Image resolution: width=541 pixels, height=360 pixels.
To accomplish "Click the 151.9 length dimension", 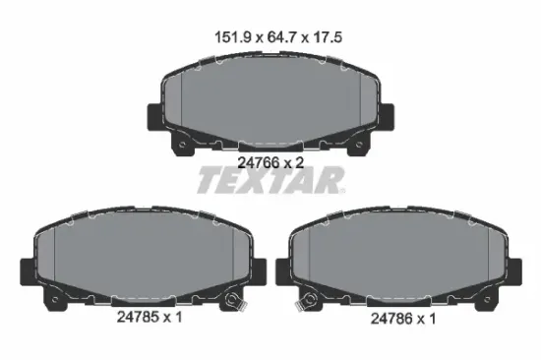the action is click(233, 37).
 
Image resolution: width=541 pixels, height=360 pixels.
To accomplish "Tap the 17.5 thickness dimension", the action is click(328, 37).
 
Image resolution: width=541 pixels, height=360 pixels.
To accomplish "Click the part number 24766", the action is click(259, 162).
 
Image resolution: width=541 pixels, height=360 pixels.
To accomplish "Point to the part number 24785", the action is click(139, 317).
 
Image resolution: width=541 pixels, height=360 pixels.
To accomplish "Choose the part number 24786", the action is click(392, 319).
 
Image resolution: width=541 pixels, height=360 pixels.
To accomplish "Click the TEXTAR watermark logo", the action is click(270, 180).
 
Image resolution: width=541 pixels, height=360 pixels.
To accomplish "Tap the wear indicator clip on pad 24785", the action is click(235, 300).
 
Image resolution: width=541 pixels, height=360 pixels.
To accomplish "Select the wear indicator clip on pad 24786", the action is click(307, 301).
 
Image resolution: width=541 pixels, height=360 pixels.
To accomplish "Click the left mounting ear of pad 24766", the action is click(153, 117).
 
